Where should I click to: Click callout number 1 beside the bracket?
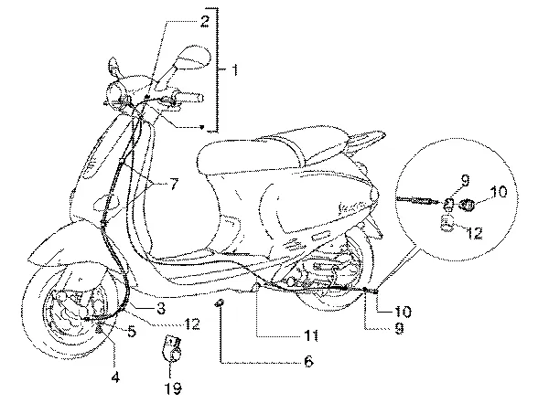coord(234,69)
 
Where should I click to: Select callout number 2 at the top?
coord(204,21)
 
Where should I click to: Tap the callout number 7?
coord(174,185)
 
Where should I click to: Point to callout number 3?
coord(160,309)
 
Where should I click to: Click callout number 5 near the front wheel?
coord(132,331)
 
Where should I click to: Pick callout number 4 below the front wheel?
coord(115,377)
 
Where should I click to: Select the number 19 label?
coord(173,388)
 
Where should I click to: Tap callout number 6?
coord(308,362)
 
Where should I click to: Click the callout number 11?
coord(310,336)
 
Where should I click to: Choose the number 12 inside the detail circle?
coord(474,233)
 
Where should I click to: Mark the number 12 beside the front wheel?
coord(191,323)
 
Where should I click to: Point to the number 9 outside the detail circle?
coord(399,328)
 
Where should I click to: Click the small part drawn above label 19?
coord(172,349)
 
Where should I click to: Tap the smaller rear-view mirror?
coord(113,67)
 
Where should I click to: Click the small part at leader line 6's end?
coord(220,303)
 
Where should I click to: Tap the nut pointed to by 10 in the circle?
coord(468,206)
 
